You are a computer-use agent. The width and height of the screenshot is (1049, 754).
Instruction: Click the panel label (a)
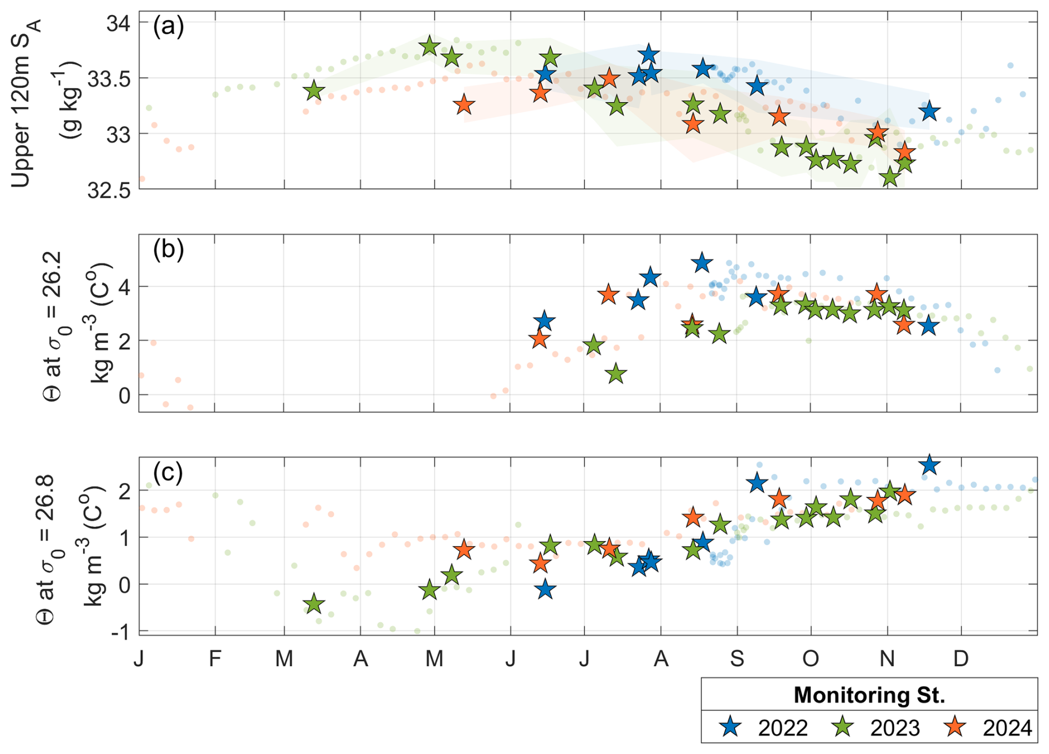tap(168, 27)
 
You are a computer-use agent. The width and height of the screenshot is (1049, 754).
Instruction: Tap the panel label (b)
tap(168, 250)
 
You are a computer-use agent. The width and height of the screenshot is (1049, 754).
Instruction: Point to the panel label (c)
tap(168, 473)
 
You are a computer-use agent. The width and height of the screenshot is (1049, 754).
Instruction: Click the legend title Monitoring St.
tap(869, 695)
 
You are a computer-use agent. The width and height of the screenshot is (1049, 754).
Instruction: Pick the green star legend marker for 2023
tap(844, 727)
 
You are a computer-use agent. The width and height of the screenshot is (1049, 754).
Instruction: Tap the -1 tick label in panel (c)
tap(120, 631)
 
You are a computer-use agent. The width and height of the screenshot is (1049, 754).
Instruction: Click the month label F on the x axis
tap(215, 659)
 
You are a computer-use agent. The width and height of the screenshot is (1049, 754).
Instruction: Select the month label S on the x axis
tap(737, 659)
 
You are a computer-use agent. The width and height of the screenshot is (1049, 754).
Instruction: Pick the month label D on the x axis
tap(961, 659)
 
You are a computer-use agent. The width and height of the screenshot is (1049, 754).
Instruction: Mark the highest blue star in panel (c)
tap(929, 465)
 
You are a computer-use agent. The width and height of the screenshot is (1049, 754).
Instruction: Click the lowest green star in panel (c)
tap(314, 604)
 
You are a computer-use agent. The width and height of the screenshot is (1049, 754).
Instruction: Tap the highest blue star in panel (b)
tap(702, 263)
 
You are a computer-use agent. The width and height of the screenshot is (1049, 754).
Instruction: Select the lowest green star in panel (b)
tap(616, 375)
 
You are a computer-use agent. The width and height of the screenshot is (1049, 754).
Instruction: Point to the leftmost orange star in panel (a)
tap(464, 105)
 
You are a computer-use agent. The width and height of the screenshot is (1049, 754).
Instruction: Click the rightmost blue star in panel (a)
tap(929, 111)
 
